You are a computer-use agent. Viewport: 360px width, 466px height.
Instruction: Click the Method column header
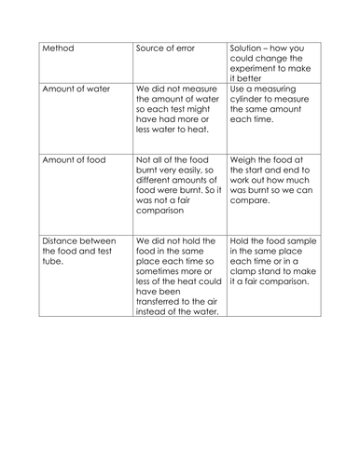54,48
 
